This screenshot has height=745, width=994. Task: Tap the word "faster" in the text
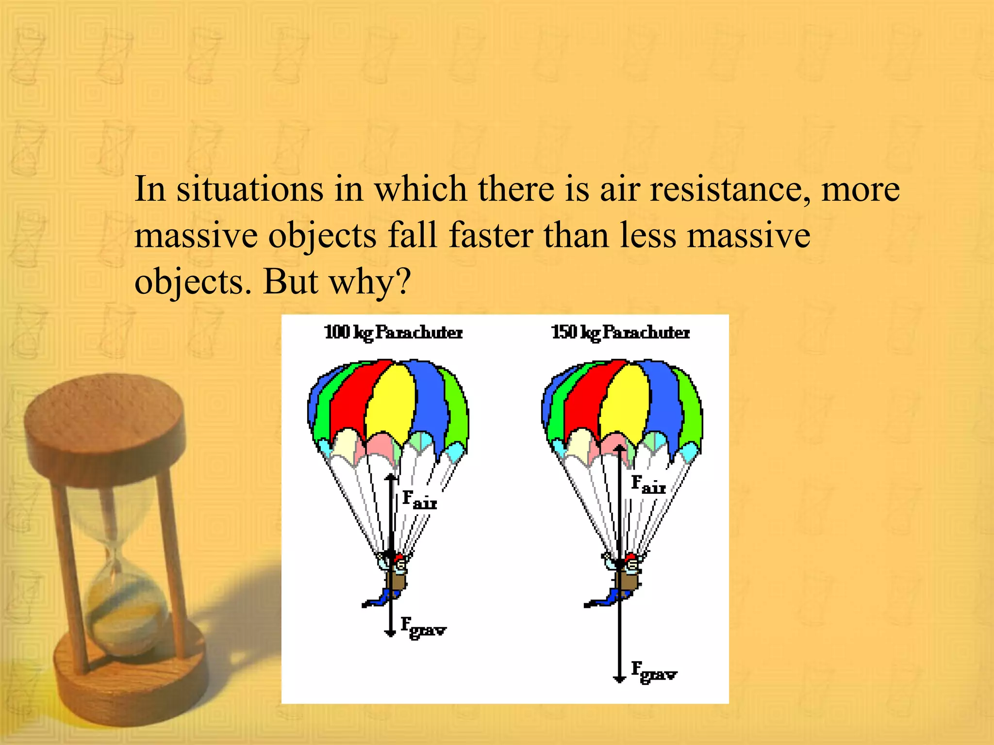[x=491, y=236]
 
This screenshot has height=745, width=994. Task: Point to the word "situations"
[x=249, y=190]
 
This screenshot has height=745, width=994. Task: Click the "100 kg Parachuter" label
[x=393, y=333]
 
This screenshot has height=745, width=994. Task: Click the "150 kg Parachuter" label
[x=620, y=333]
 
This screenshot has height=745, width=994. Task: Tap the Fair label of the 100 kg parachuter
[x=419, y=500]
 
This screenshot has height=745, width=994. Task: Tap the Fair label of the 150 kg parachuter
[x=648, y=485]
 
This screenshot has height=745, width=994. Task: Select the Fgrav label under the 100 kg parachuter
[x=423, y=628]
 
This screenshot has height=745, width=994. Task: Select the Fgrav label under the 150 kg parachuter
[x=653, y=672]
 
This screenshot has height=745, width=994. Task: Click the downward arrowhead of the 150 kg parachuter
[x=619, y=679]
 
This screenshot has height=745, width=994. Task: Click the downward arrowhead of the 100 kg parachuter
[x=390, y=632]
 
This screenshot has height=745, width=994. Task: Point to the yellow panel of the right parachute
[x=624, y=400]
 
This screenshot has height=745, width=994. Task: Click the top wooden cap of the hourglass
[x=104, y=417]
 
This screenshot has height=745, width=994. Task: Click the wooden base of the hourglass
[x=131, y=679]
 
